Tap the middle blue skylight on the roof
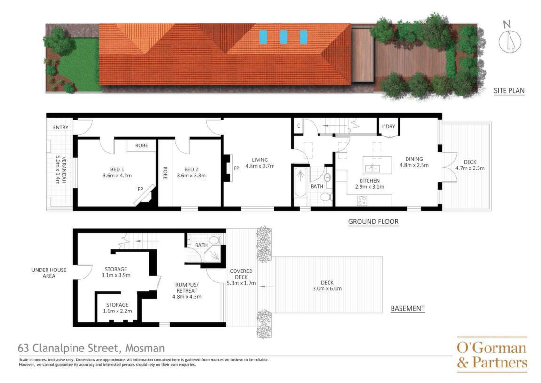(x=283, y=37)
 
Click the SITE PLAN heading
(x=509, y=90)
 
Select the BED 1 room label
(x=117, y=172)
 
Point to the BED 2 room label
(x=191, y=172)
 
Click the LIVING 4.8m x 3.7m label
(x=260, y=163)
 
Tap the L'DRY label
(x=389, y=127)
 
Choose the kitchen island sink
(x=372, y=168)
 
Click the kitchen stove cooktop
(x=362, y=200)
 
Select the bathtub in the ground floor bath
(x=300, y=182)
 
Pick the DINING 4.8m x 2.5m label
(x=414, y=162)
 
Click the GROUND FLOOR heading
(x=373, y=222)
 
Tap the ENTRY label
(x=61, y=128)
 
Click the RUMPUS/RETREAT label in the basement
(x=187, y=290)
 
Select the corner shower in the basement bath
(x=213, y=255)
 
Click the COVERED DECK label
(x=241, y=277)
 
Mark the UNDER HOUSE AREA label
(x=49, y=273)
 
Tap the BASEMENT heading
(x=408, y=308)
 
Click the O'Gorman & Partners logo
(x=492, y=355)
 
